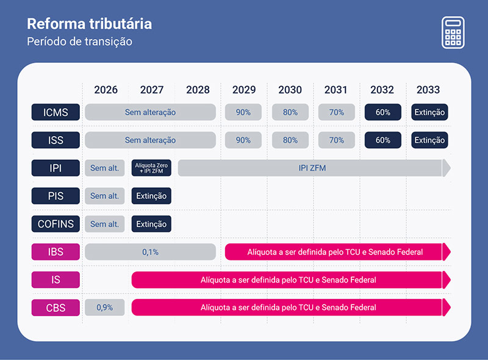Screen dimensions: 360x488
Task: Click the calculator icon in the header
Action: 453,32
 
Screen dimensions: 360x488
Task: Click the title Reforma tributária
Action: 89,24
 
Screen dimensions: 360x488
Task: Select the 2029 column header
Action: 244,90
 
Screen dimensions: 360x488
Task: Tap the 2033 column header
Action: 428,90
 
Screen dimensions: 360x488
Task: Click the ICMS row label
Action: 56,112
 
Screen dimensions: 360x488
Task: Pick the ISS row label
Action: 56,140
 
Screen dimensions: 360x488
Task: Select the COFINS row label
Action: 56,224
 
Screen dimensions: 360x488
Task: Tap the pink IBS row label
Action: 56,252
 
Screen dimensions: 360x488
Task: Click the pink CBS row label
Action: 56,308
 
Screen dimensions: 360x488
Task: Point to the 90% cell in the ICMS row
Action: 243,112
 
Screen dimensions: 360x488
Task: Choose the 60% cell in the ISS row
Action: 382,140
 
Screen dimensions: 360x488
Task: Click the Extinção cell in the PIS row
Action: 151,196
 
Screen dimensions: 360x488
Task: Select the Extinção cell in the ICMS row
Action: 429,112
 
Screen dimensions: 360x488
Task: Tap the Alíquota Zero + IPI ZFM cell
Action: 151,168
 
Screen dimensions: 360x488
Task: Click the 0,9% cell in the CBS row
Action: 104,308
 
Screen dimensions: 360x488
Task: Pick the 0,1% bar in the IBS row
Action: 150,252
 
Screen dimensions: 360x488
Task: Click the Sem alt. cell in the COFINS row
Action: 104,224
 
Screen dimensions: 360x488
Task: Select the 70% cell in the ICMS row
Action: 336,112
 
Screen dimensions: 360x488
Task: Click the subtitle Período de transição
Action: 79,41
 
